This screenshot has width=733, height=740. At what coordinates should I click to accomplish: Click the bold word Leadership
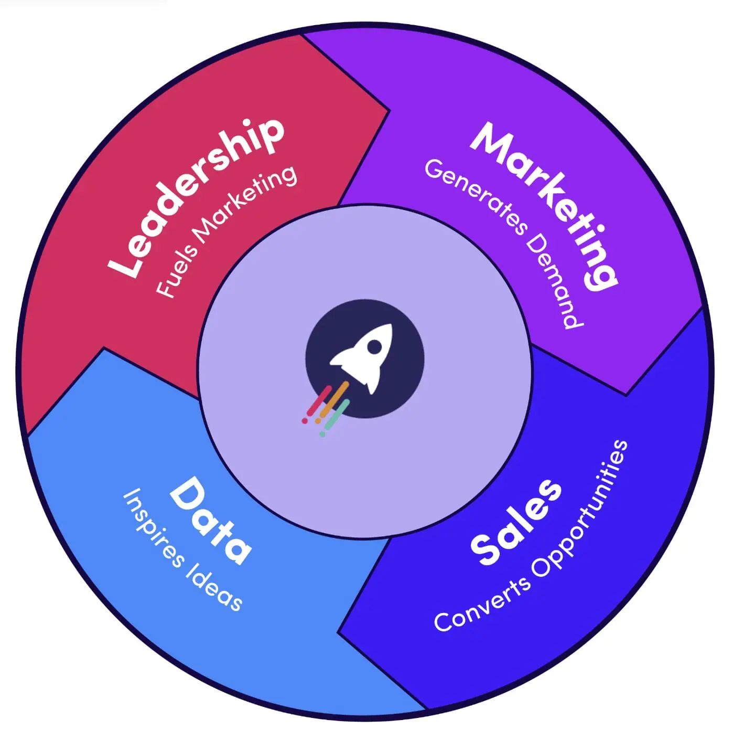point(197,197)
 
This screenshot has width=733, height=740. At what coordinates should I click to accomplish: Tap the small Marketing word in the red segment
point(246,205)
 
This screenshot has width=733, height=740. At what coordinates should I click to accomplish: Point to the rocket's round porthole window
point(375,346)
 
